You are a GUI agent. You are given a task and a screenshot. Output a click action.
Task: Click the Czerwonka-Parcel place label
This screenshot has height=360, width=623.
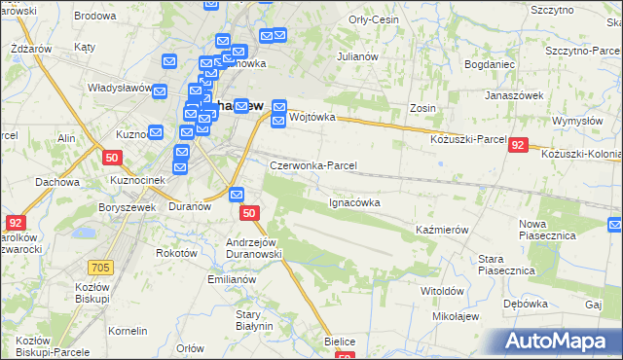[313, 166]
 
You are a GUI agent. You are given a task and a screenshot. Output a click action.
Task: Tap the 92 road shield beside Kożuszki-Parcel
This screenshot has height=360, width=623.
[518, 144]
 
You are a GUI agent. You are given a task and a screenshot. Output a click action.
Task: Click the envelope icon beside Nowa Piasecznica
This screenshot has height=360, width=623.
[614, 226]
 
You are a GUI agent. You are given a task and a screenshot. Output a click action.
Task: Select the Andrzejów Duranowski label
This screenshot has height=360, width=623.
[253, 248]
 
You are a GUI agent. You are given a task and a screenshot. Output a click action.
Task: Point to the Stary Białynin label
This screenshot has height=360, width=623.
[254, 320]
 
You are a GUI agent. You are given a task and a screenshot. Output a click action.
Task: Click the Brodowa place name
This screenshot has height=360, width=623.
[94, 17]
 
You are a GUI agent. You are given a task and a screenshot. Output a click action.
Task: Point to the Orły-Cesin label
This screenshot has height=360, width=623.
[374, 19]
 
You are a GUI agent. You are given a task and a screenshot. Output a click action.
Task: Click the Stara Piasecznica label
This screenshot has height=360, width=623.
[503, 264]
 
